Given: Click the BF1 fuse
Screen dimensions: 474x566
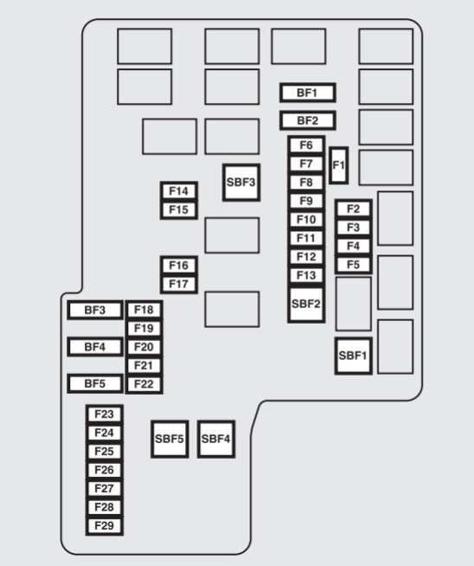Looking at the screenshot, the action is tap(307, 93).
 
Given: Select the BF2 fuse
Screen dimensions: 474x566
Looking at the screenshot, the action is tap(307, 120).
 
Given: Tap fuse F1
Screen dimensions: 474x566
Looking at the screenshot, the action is tap(339, 165).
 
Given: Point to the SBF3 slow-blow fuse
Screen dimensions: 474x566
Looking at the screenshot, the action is tap(241, 183).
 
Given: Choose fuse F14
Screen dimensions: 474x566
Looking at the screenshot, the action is tap(179, 191).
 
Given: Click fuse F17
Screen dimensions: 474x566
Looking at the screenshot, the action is tap(179, 284).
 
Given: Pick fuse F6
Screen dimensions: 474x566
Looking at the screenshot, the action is tap(306, 145).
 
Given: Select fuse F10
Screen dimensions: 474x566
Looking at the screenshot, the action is tap(306, 220).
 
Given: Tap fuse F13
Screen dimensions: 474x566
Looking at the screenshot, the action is tap(306, 275).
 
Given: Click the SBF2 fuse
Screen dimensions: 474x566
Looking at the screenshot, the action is tap(306, 304).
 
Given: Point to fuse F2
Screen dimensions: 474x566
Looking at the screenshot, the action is tap(354, 209).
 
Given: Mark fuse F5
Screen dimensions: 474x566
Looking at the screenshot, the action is tap(354, 265).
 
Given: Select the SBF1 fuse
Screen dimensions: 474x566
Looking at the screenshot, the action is tap(353, 356).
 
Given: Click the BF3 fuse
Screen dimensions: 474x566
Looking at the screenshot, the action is tap(95, 310).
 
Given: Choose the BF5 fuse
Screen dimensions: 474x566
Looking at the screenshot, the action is tap(95, 383).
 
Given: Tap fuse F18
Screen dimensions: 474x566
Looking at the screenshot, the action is tap(144, 310).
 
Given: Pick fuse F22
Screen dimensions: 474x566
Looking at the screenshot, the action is tap(144, 384).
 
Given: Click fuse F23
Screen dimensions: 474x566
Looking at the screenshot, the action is tap(105, 414).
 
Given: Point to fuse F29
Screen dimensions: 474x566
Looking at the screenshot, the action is tap(105, 526).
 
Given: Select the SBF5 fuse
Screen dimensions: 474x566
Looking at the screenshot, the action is tap(170, 440).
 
